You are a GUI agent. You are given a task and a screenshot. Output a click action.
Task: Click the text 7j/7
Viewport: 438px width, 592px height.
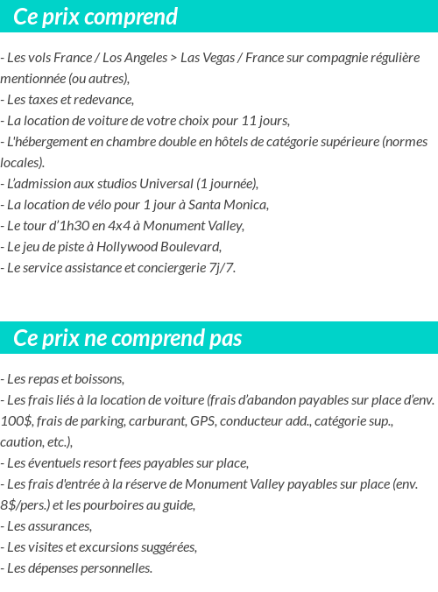[x=220, y=268]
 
